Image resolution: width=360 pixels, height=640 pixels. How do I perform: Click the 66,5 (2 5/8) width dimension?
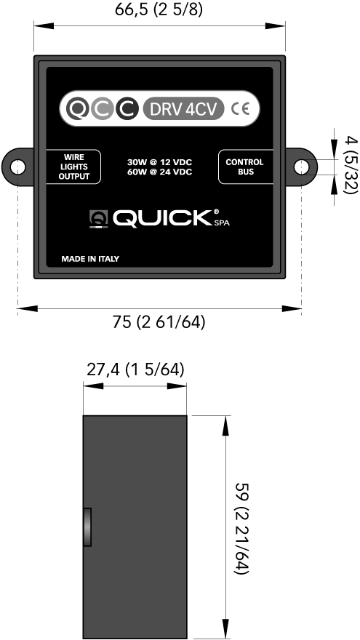(159, 10)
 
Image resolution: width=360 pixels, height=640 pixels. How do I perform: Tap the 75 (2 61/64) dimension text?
(159, 322)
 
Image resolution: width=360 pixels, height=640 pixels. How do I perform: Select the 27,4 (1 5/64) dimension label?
(135, 369)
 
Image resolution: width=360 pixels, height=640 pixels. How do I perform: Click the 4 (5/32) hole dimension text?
(351, 165)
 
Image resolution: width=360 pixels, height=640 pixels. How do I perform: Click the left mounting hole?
(17, 167)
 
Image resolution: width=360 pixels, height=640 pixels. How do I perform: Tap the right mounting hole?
(301, 167)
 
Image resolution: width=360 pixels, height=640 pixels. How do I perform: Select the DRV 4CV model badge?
(184, 108)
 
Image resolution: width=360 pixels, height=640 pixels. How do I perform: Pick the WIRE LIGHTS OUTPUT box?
(74, 167)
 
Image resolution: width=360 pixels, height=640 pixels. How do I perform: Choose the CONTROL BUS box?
(245, 167)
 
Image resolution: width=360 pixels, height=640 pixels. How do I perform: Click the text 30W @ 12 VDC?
(159, 162)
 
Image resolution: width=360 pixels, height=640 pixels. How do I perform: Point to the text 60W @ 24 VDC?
(159, 172)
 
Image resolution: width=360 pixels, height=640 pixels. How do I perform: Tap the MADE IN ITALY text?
(90, 259)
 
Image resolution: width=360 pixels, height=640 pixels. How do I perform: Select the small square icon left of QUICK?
(98, 219)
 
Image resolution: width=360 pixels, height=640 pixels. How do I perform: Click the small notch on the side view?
(87, 527)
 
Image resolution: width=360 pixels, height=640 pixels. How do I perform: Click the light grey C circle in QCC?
(102, 108)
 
